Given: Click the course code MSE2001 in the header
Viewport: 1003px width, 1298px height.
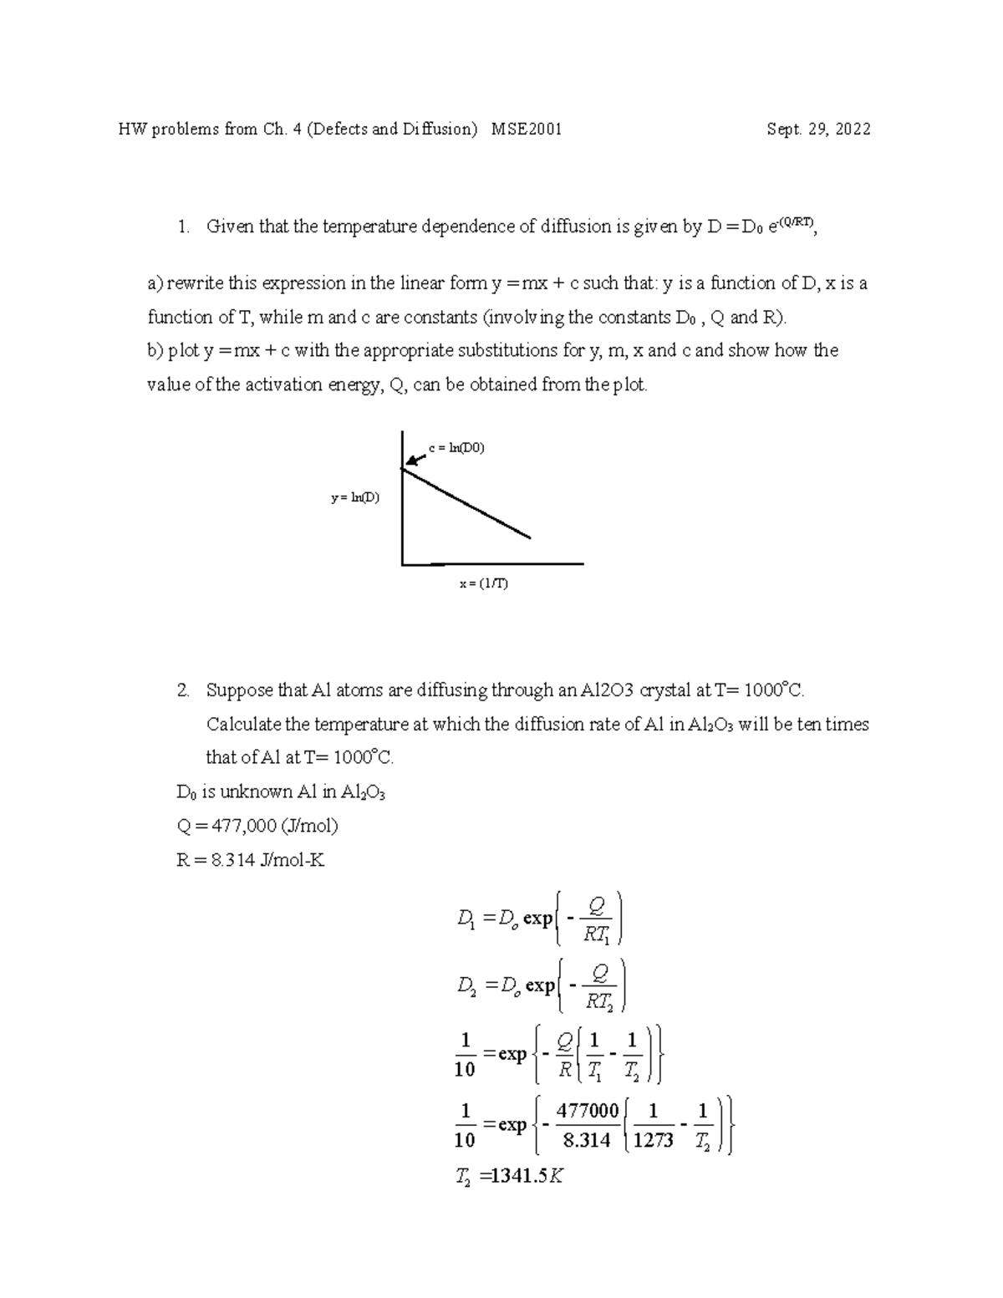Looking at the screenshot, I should click(x=527, y=130).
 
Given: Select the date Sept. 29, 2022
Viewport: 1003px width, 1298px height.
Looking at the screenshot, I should click(x=818, y=130).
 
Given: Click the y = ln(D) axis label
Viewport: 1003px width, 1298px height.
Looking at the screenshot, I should click(x=354, y=498).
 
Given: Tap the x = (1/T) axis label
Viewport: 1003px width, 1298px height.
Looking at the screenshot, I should click(x=483, y=583).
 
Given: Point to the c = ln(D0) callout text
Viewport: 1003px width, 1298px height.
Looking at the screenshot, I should click(x=456, y=448).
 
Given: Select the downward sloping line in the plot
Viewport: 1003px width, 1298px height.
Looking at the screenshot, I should click(x=468, y=504).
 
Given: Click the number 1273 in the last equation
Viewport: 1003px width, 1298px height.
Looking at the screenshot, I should click(x=653, y=1141).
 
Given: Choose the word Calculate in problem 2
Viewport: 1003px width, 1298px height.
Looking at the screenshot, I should click(x=243, y=724).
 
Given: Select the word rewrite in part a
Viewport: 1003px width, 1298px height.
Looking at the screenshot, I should click(x=194, y=283).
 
